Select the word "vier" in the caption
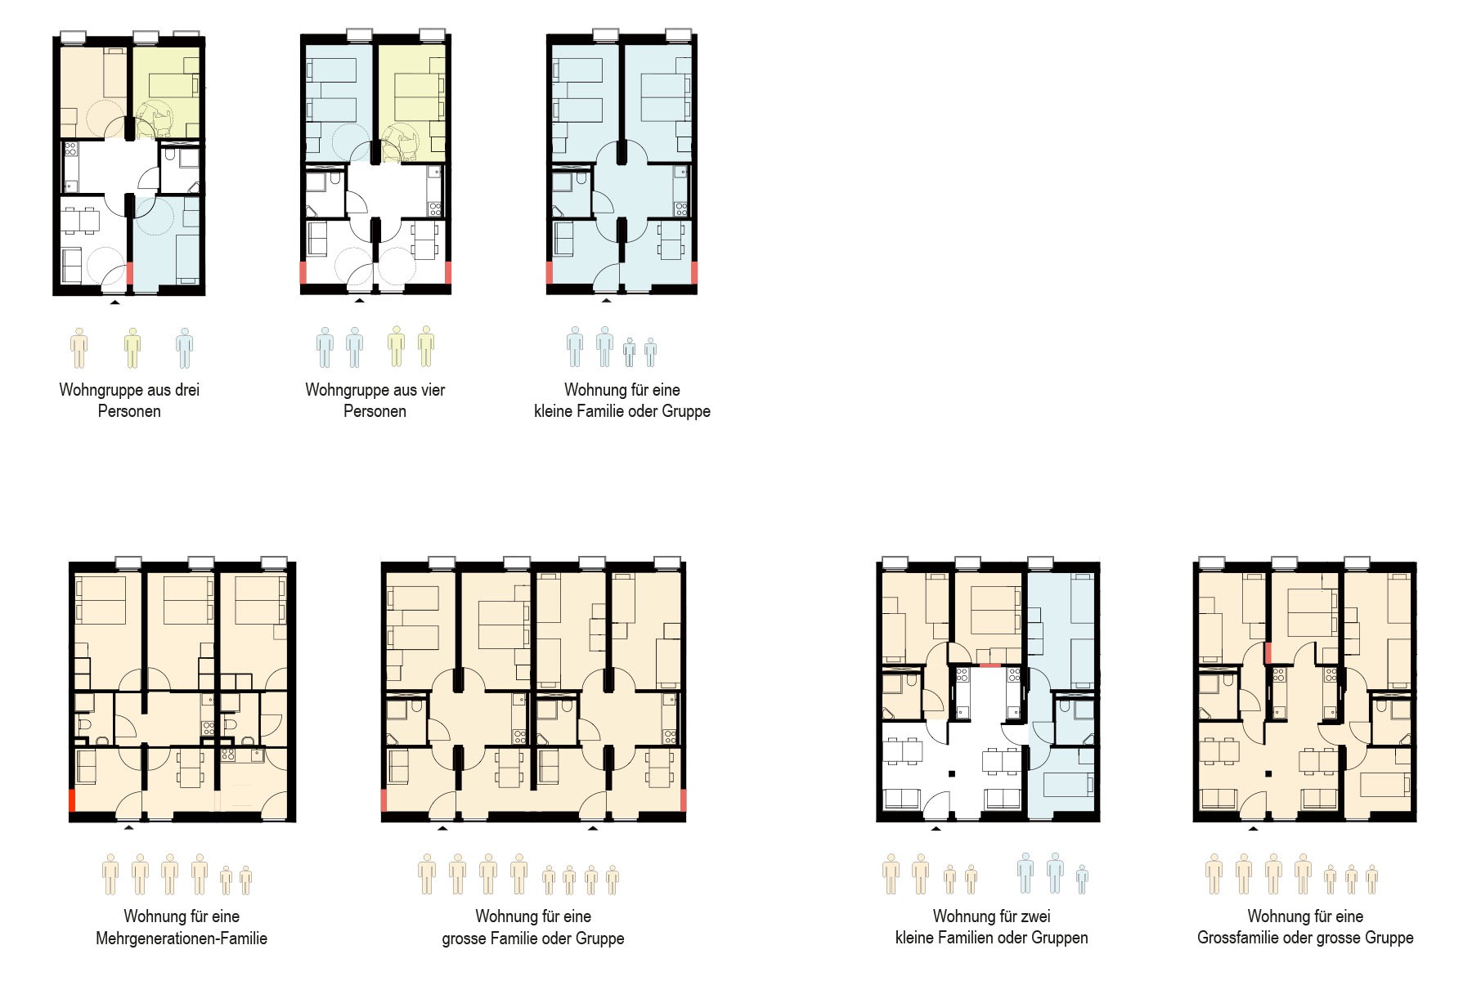coord(432,390)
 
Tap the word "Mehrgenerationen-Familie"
coord(182,938)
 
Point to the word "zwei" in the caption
coord(1034,916)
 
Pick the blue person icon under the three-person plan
coord(185,348)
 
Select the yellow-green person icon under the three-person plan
coord(132,348)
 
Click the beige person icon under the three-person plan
coord(79,348)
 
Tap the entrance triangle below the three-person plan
coord(115,302)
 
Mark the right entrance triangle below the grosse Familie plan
coord(593,828)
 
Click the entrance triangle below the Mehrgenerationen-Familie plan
coord(128,828)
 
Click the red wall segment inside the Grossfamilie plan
coord(1268,653)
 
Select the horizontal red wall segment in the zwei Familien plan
coord(990,665)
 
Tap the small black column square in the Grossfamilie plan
coord(1268,773)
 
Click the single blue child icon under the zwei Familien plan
coord(1082,879)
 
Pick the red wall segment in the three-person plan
coord(130,273)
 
